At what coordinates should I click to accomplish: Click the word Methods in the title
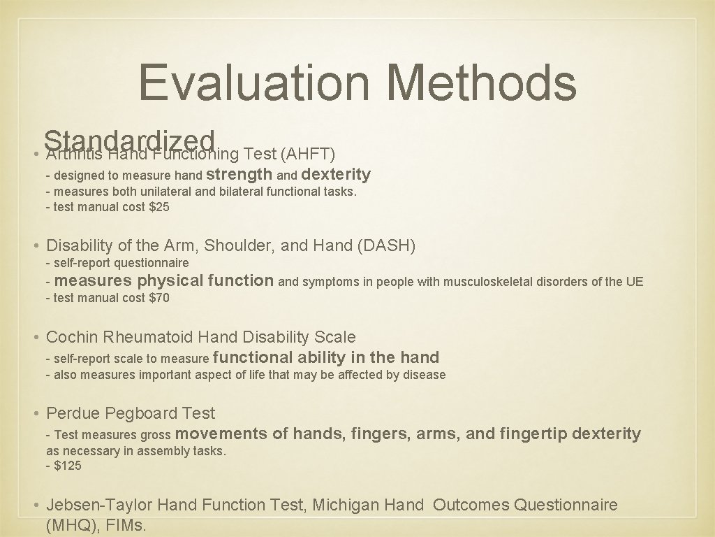pos(481,82)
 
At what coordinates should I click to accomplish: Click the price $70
pos(159,298)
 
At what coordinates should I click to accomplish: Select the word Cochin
pos(72,337)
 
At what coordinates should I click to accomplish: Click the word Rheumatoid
pos(149,337)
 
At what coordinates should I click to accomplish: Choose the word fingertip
pos(533,434)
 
